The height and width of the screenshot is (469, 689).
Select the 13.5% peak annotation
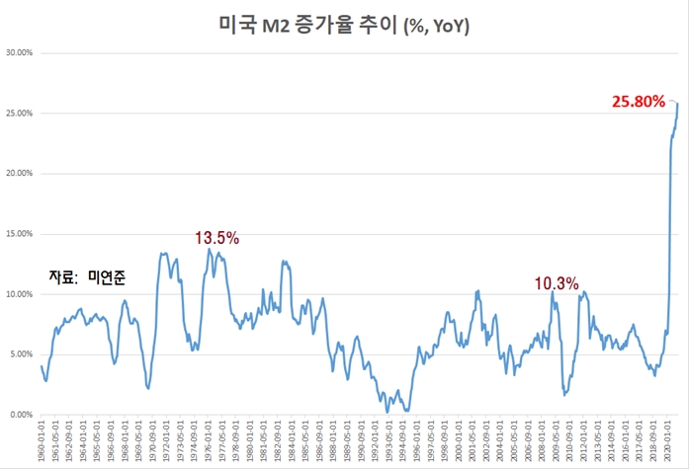click(216, 238)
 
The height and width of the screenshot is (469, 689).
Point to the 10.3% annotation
click(556, 283)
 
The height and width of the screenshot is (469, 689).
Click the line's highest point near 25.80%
click(677, 103)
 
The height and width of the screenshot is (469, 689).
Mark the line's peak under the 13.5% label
click(209, 250)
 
